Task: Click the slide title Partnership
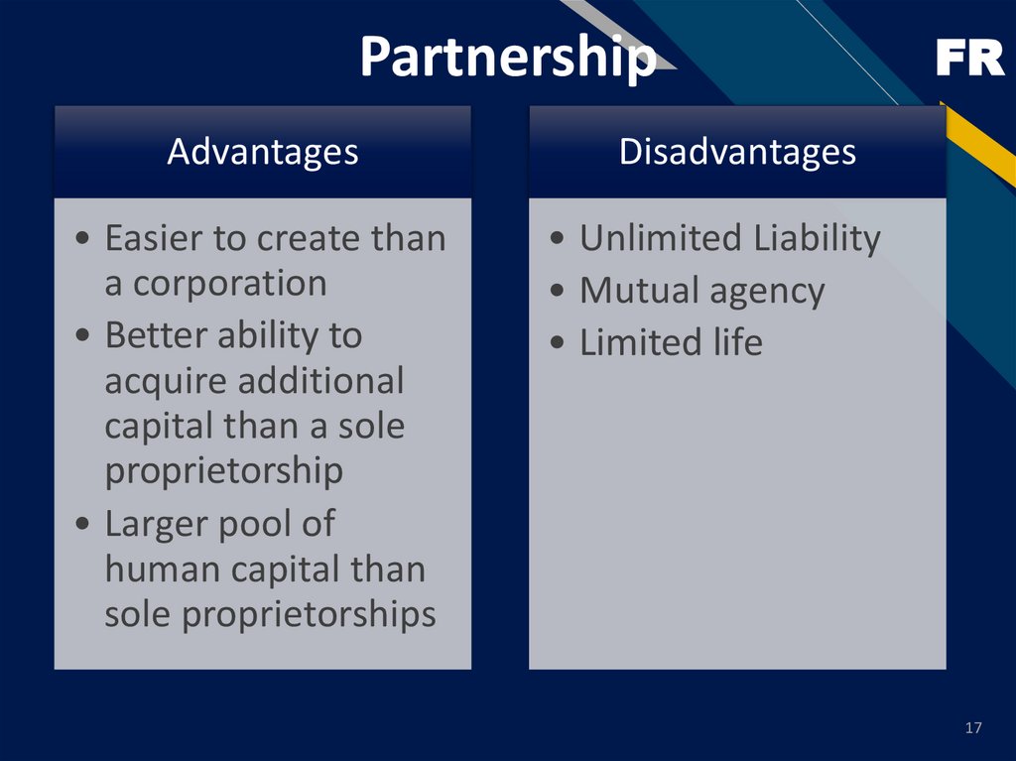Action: pyautogui.click(x=507, y=58)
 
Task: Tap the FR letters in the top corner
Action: pyautogui.click(x=969, y=61)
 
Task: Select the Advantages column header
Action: pyautogui.click(x=262, y=152)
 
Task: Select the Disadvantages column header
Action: pyautogui.click(x=737, y=152)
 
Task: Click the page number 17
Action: pyautogui.click(x=972, y=729)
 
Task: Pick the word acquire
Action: pyautogui.click(x=164, y=381)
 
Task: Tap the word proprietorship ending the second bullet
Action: pyautogui.click(x=223, y=471)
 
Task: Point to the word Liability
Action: pyautogui.click(x=816, y=239)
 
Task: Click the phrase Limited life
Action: pyautogui.click(x=671, y=343)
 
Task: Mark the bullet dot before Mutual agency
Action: pyautogui.click(x=561, y=293)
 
